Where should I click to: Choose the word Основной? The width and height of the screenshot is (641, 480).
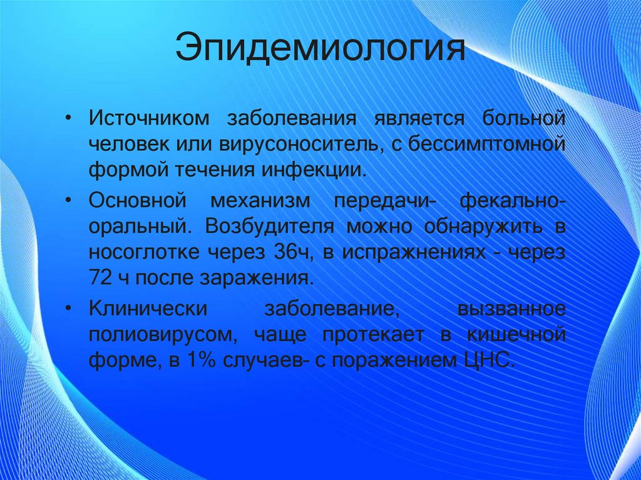point(137,201)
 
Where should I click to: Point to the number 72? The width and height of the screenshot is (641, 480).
point(100,279)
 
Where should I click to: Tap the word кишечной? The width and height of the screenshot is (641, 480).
point(516,335)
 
